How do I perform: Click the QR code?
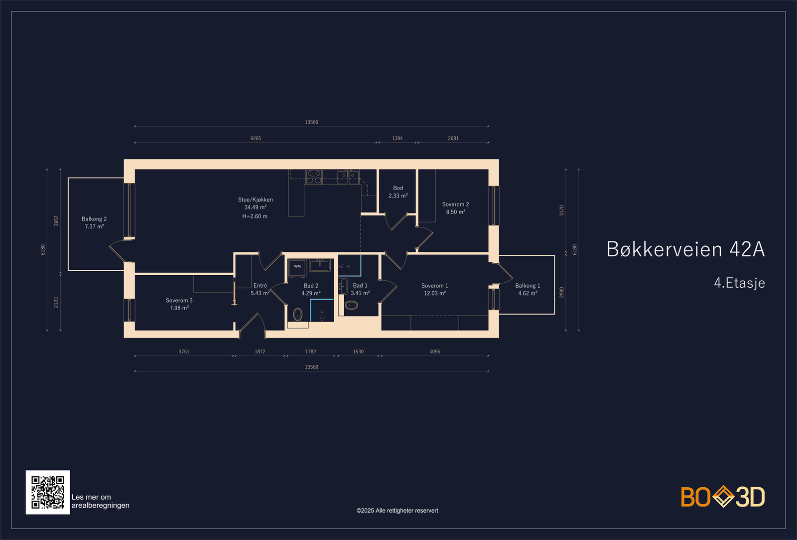pos(48,492)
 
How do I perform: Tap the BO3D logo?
pos(723,497)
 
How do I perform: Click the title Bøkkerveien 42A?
pos(685,249)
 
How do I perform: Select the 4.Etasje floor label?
pos(739,283)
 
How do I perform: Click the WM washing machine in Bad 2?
pos(297,267)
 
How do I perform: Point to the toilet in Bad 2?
pos(297,315)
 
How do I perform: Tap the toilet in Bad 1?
pos(351,305)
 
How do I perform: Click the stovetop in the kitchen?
pos(314,177)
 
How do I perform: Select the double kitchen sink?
pos(348,177)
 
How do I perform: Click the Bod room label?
pos(398,188)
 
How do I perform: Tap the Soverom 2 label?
pos(455,204)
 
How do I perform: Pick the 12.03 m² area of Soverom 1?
pos(435,294)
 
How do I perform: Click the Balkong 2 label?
pos(94,219)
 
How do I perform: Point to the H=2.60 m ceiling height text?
pos(255,216)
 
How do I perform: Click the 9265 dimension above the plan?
pos(256,138)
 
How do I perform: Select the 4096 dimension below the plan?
pos(435,352)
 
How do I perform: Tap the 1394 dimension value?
pos(397,138)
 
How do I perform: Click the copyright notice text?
pos(397,511)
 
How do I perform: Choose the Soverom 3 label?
pos(179,301)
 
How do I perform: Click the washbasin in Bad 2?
pos(319,265)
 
